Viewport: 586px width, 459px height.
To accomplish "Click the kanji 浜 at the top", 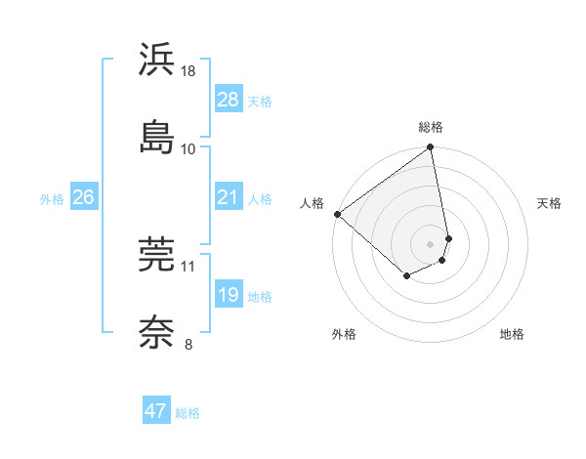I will pyautogui.click(x=157, y=61).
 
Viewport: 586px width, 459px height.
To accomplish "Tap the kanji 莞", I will pyautogui.click(x=157, y=256).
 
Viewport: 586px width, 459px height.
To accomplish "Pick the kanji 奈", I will pyautogui.click(x=157, y=331).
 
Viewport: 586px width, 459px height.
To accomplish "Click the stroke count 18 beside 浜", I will pyautogui.click(x=188, y=71).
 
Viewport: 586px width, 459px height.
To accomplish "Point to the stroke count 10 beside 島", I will pyautogui.click(x=188, y=148).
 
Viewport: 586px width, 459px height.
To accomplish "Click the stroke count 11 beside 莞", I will pyautogui.click(x=188, y=266).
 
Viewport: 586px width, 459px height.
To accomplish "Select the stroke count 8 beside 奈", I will pyautogui.click(x=188, y=343).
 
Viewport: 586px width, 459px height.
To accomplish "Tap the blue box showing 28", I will pyautogui.click(x=228, y=100).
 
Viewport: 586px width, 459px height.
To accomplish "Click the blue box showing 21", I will pyautogui.click(x=228, y=198).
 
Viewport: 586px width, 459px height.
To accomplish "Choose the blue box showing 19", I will pyautogui.click(x=228, y=295).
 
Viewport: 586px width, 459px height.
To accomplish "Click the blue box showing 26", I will pyautogui.click(x=83, y=198).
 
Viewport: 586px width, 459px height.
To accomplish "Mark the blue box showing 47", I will pyautogui.click(x=156, y=411).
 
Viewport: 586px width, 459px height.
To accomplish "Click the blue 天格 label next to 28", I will pyautogui.click(x=260, y=102).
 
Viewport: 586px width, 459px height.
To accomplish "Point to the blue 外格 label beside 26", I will pyautogui.click(x=52, y=199).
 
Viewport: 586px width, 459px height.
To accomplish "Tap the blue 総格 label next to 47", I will pyautogui.click(x=188, y=413).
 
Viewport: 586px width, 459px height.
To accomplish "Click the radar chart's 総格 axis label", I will pyautogui.click(x=431, y=127).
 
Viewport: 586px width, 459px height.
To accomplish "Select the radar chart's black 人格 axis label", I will pyautogui.click(x=313, y=203).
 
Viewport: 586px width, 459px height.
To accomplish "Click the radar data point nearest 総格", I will pyautogui.click(x=431, y=148).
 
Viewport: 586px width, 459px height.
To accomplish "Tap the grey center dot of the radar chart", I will pyautogui.click(x=431, y=242).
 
